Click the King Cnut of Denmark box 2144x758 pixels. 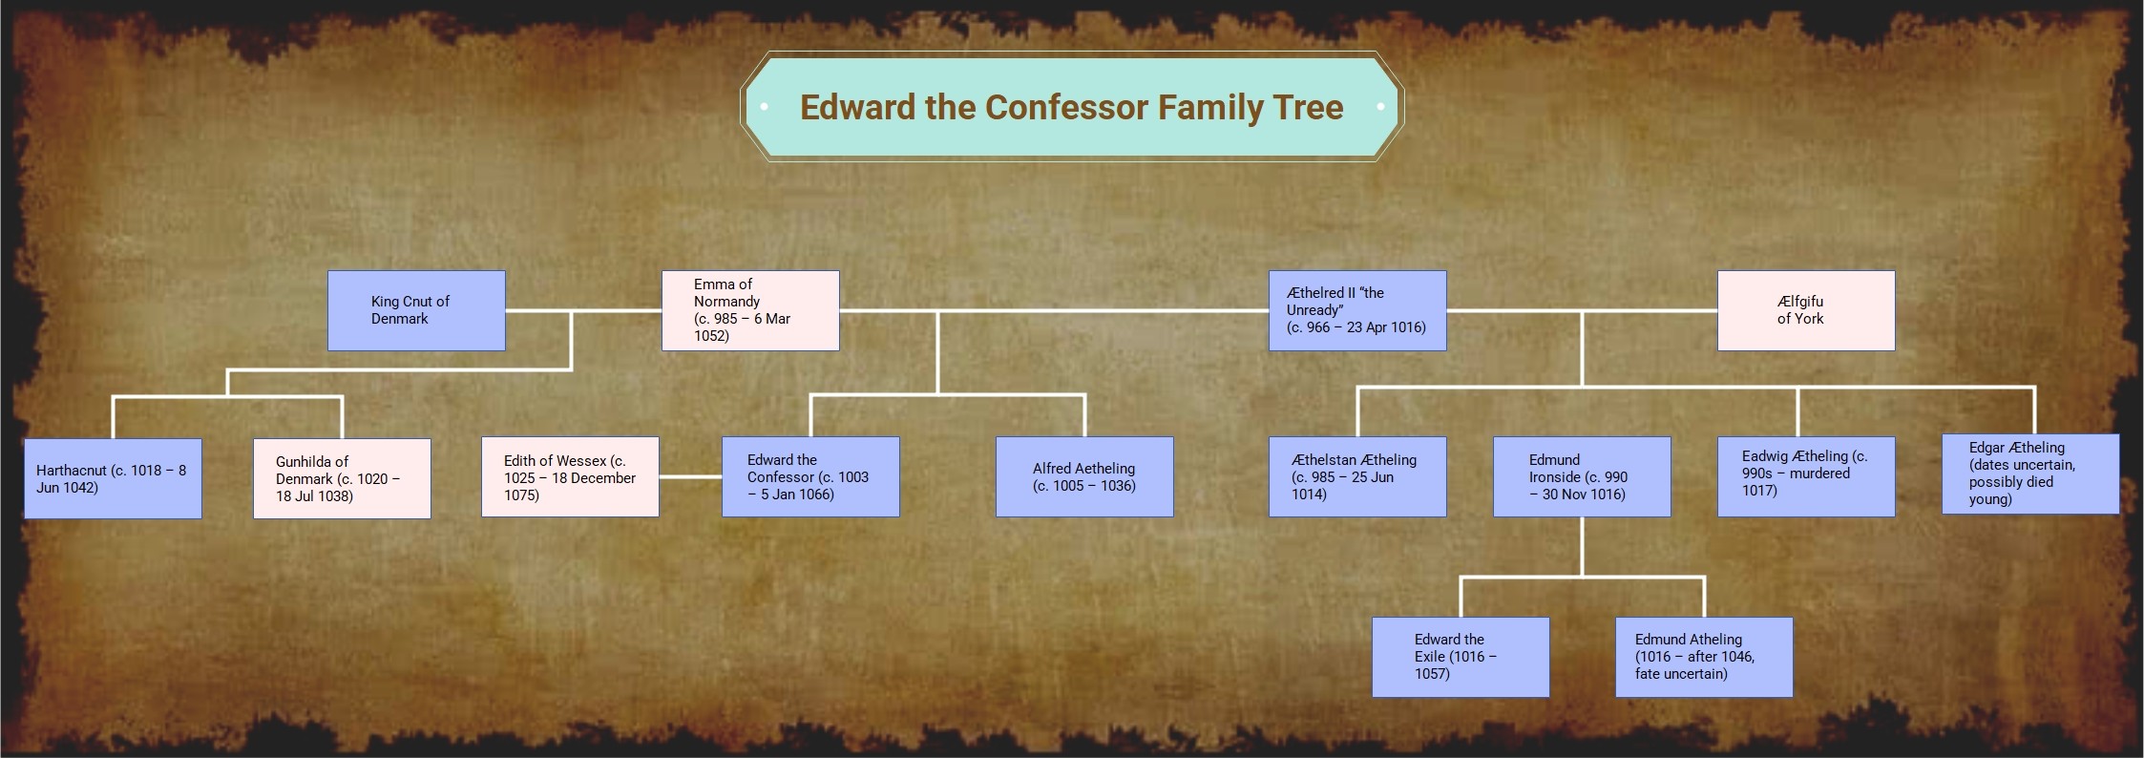[416, 310]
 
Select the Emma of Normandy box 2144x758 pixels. [750, 310]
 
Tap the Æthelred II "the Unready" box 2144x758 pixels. [1356, 310]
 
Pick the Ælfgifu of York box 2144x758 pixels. [1805, 310]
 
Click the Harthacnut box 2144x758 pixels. [113, 478]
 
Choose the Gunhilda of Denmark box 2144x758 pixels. [342, 478]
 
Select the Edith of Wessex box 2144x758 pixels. [570, 476]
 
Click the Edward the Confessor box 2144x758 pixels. [810, 476]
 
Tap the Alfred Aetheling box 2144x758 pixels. [1084, 476]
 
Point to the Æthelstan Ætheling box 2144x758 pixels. [1356, 476]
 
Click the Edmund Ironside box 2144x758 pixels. [1582, 476]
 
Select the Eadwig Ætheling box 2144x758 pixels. [1805, 476]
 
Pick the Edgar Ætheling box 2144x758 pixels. [2030, 474]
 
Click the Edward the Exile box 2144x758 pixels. [1461, 657]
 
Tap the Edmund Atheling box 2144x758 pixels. [1704, 657]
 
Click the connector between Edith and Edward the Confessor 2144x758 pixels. [690, 476]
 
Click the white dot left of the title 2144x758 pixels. [765, 107]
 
